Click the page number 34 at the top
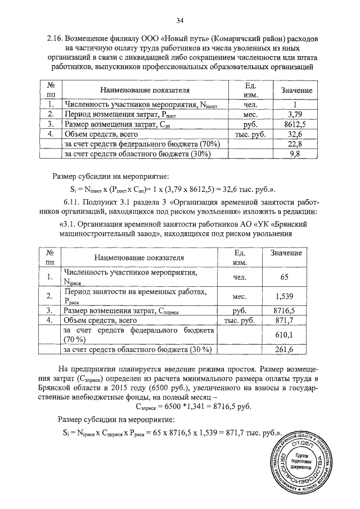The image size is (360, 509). coord(180,21)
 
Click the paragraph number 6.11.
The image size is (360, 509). coord(73,201)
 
